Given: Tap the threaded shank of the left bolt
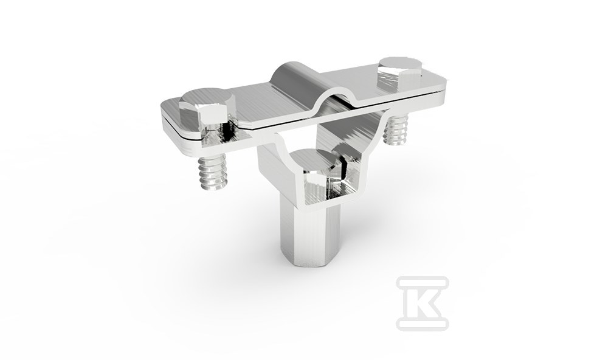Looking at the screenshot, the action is tap(212, 171).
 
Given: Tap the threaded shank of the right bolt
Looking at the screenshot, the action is tap(396, 130).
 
